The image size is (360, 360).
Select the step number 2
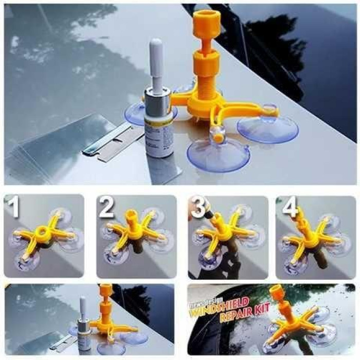pos(107,209)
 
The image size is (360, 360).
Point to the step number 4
pos(290,208)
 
